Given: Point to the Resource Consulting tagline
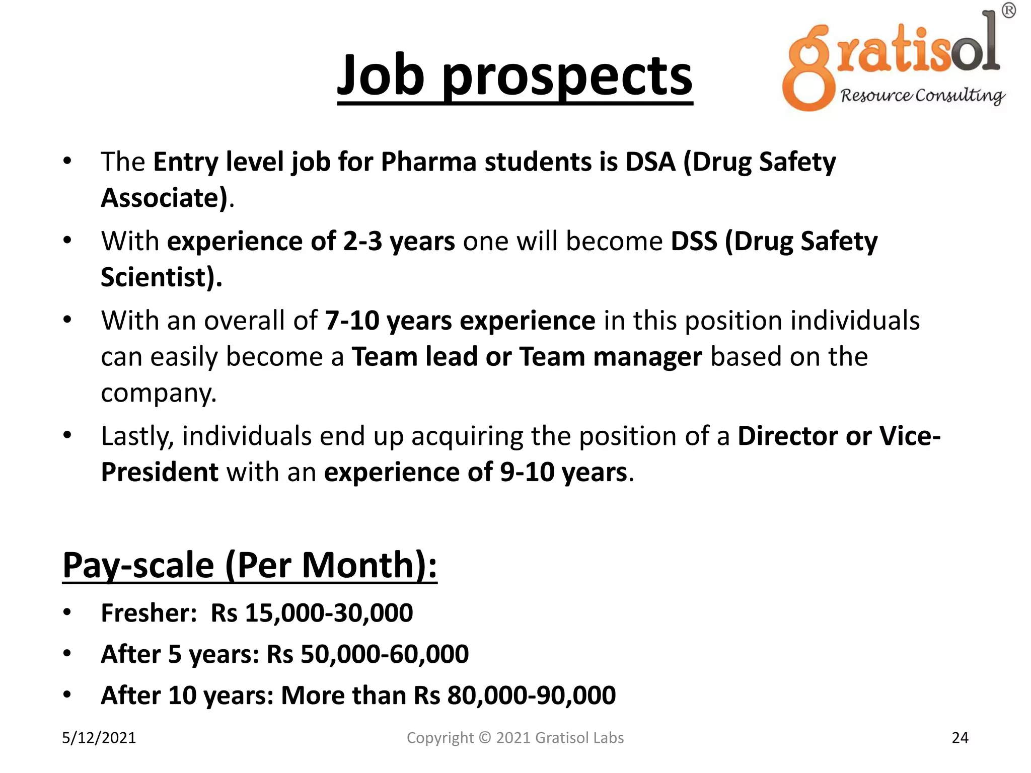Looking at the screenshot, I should pyautogui.click(x=922, y=96).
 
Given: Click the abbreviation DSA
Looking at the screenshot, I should pyautogui.click(x=650, y=162).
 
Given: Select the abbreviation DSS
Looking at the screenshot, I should pyautogui.click(x=694, y=242).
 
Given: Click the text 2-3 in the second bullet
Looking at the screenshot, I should pyautogui.click(x=362, y=242).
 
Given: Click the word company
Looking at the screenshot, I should pyautogui.click(x=158, y=393).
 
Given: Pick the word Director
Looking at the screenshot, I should pyautogui.click(x=788, y=436).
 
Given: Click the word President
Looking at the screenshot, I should pyautogui.click(x=160, y=472).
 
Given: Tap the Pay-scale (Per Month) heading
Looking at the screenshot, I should pyautogui.click(x=249, y=565).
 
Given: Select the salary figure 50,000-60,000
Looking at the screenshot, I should pyautogui.click(x=385, y=654).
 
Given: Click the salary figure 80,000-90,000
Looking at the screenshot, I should pyautogui.click(x=531, y=695).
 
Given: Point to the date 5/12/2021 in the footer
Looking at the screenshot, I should pyautogui.click(x=99, y=738).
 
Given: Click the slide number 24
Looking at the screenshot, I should pyautogui.click(x=960, y=738).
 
